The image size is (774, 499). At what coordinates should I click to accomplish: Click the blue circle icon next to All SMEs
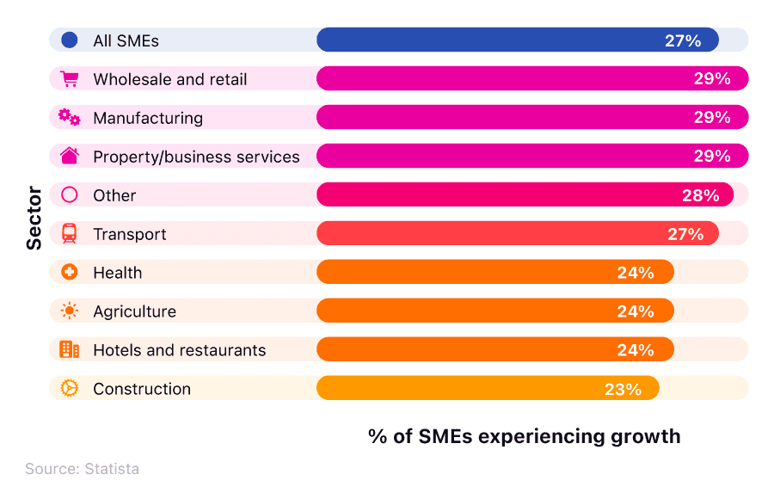[x=70, y=40]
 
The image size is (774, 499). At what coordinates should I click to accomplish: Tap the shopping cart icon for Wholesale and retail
[x=70, y=79]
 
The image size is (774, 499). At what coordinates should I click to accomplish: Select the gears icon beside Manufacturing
[x=70, y=118]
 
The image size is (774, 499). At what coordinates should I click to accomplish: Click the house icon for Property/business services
[x=70, y=156]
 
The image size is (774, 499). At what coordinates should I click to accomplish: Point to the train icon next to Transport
[x=70, y=233]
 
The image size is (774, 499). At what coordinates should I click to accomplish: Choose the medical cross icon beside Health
[x=70, y=272]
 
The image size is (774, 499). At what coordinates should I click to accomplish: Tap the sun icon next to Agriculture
[x=70, y=311]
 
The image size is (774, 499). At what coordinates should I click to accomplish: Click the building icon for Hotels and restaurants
[x=70, y=349]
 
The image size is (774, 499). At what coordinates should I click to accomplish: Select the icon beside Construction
[x=70, y=388]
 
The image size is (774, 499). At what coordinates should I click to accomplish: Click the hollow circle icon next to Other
[x=70, y=194]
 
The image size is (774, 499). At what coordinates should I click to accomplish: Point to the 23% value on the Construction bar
[x=623, y=389]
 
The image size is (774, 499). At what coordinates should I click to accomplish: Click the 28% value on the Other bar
[x=700, y=195]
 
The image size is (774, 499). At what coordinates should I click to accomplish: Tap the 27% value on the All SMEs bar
[x=683, y=40]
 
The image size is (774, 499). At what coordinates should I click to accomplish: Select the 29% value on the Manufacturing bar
[x=712, y=118]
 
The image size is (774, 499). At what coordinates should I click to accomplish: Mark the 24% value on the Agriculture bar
[x=636, y=311]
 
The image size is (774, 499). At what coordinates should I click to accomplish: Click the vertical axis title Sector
[x=34, y=219]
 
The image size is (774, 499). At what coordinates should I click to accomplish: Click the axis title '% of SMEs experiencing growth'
[x=524, y=436]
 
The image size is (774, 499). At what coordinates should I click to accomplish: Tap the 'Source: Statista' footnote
[x=82, y=469]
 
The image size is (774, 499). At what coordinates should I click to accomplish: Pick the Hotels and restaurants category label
[x=180, y=350]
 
